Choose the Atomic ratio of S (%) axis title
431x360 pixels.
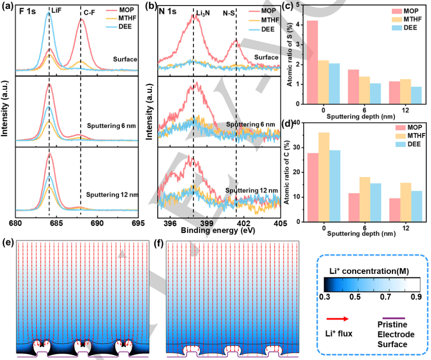(x=290, y=53)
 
